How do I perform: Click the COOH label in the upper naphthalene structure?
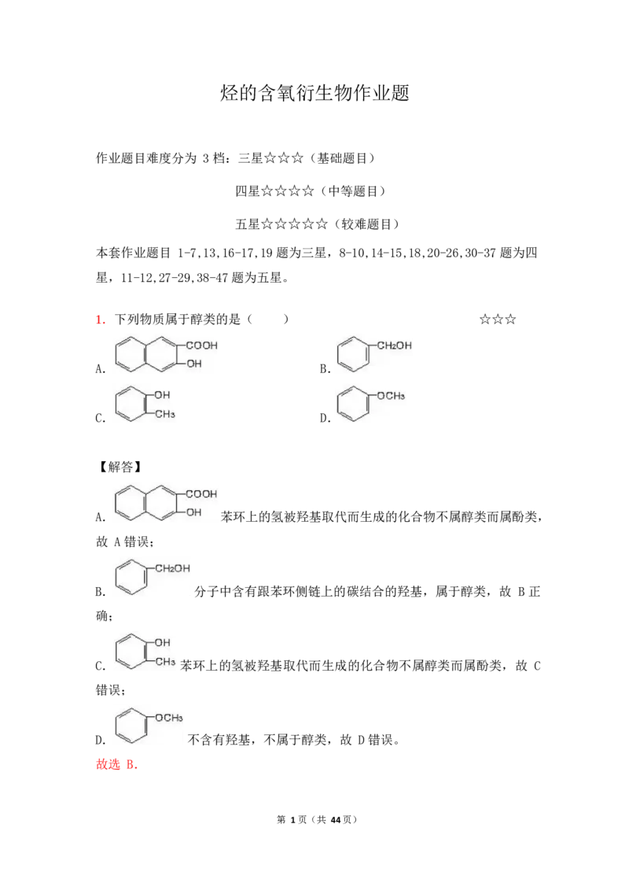pyautogui.click(x=201, y=345)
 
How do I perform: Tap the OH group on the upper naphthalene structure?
pyautogui.click(x=193, y=364)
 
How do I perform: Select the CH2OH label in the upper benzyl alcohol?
pyautogui.click(x=394, y=345)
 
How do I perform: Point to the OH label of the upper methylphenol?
pyautogui.click(x=163, y=394)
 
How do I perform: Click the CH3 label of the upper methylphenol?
pyautogui.click(x=164, y=414)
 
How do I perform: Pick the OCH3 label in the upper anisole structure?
pyautogui.click(x=391, y=395)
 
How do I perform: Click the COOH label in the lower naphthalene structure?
pyautogui.click(x=201, y=494)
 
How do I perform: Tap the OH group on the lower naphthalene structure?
pyautogui.click(x=193, y=512)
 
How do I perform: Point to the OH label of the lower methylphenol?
pyautogui.click(x=163, y=642)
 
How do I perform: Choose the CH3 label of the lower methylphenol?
pyautogui.click(x=164, y=662)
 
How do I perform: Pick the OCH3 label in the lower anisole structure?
pyautogui.click(x=169, y=717)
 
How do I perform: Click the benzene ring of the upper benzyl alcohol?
pyautogui.click(x=352, y=353)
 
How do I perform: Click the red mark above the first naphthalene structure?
pyautogui.click(x=100, y=319)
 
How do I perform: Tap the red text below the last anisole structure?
pyautogui.click(x=116, y=765)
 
